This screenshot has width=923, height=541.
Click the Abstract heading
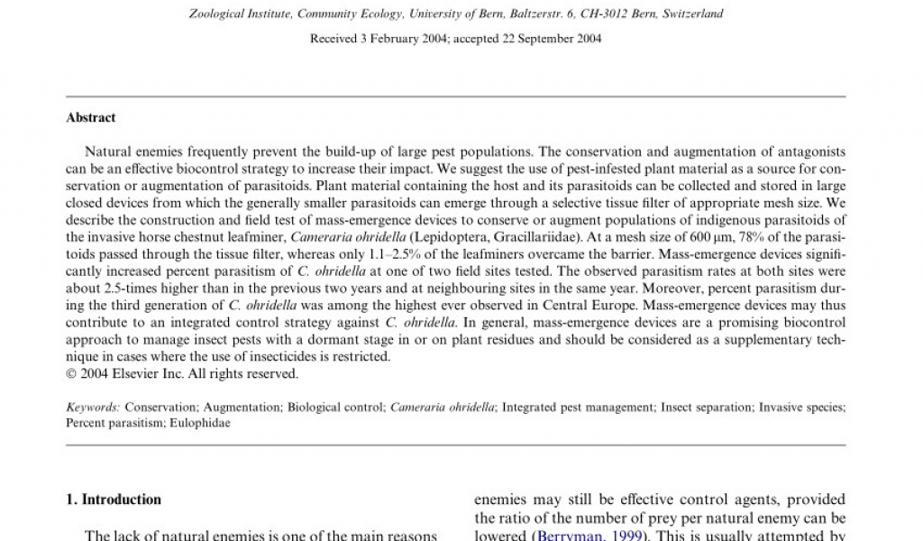click(91, 117)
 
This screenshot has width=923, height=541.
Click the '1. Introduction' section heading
click(114, 500)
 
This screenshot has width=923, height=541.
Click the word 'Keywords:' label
click(94, 408)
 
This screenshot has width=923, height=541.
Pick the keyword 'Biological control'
click(335, 408)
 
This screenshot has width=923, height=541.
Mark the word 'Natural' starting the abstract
click(106, 152)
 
